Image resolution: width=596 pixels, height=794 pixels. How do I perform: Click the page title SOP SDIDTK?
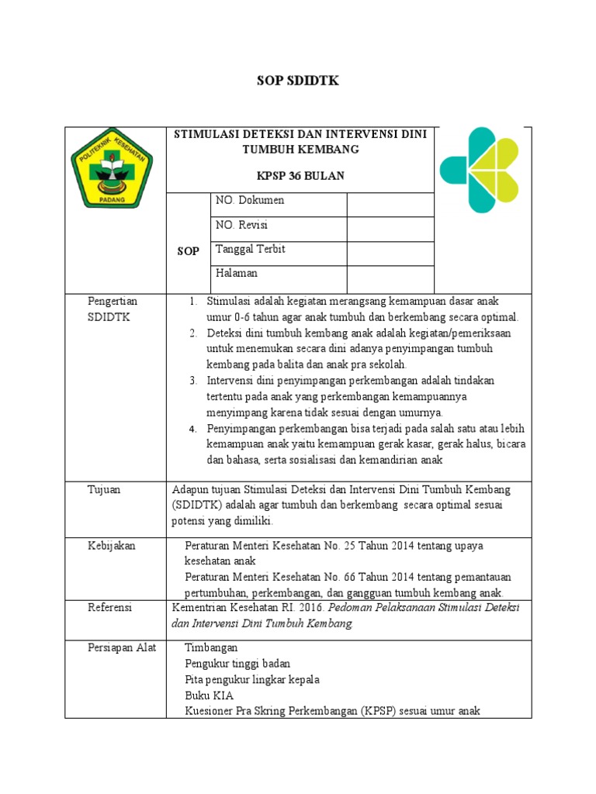pos(298,81)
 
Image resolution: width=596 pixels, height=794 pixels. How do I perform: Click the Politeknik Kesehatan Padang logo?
pos(112,170)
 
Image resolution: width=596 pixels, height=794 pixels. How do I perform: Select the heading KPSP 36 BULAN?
pos(299,176)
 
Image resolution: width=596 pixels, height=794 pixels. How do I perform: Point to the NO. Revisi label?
pos(241,225)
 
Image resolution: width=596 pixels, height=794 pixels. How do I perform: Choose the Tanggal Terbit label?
pos(250,249)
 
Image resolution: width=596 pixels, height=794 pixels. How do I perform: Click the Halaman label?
pos(237,273)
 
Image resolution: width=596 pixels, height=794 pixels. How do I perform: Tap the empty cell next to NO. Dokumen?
pos(390,204)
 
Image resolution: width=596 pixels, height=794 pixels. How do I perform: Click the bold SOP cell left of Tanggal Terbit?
pos(188,251)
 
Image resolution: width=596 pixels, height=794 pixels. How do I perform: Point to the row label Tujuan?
pos(104,489)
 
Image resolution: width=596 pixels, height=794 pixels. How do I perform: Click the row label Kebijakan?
pos(111,546)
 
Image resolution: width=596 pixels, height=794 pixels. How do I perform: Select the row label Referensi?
pos(110,607)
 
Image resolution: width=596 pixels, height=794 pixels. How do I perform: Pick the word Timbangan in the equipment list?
pos(211,647)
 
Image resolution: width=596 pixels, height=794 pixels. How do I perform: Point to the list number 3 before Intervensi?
pos(193,381)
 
